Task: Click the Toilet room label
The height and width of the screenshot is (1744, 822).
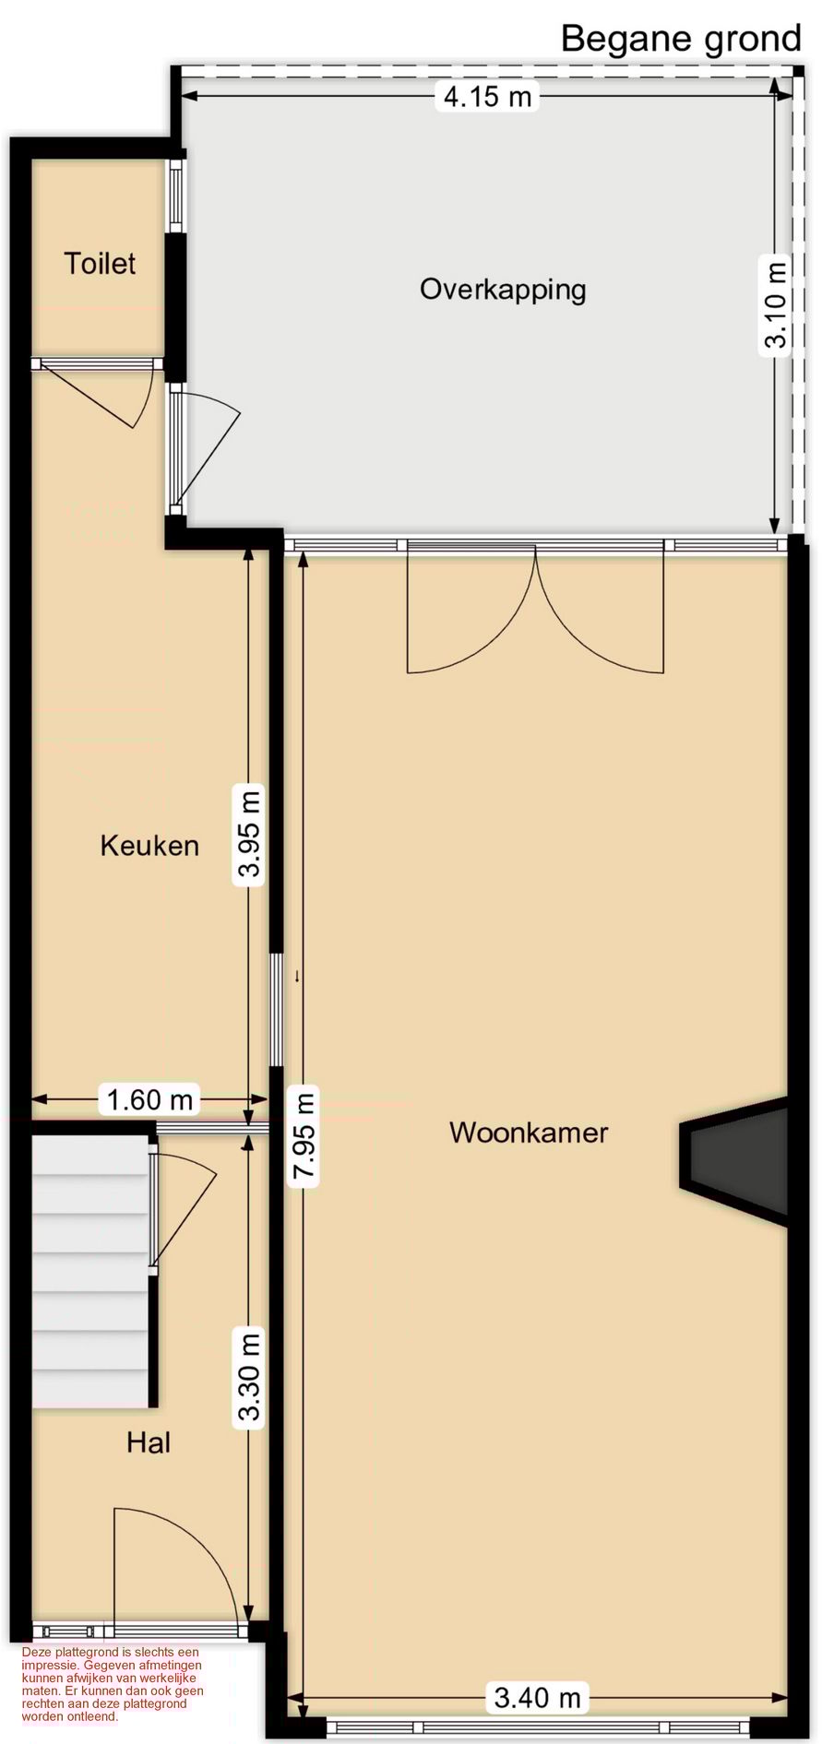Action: [100, 264]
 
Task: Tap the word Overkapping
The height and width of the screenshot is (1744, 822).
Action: [503, 290]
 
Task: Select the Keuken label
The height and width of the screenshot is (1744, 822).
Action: [149, 845]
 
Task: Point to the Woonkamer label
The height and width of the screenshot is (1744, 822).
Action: [529, 1133]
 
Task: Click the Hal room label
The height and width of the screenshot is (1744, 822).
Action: [149, 1442]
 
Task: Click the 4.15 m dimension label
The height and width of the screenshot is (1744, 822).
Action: [487, 96]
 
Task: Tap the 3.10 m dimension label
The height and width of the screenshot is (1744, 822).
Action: [776, 305]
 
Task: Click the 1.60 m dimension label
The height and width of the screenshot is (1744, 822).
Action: [149, 1099]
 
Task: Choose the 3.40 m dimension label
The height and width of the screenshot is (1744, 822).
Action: [537, 1698]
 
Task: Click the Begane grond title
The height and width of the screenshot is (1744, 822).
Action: [681, 39]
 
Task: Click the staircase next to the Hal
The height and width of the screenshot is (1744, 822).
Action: [90, 1273]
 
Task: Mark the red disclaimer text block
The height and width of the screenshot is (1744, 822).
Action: [113, 1684]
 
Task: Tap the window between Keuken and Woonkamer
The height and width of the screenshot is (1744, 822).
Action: [276, 1009]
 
